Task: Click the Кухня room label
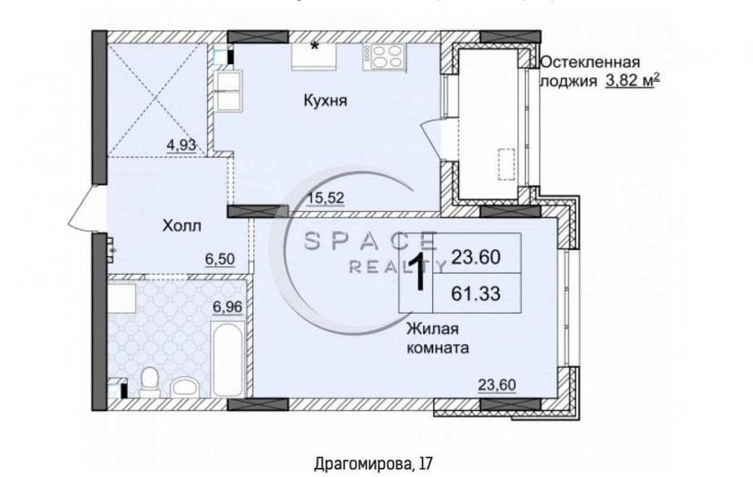click(325, 101)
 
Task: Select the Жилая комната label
click(438, 339)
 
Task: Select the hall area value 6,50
click(219, 259)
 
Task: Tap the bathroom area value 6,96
click(228, 306)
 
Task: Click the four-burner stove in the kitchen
click(384, 56)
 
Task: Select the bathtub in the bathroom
click(227, 360)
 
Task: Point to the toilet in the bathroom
click(150, 381)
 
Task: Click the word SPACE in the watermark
click(370, 242)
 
